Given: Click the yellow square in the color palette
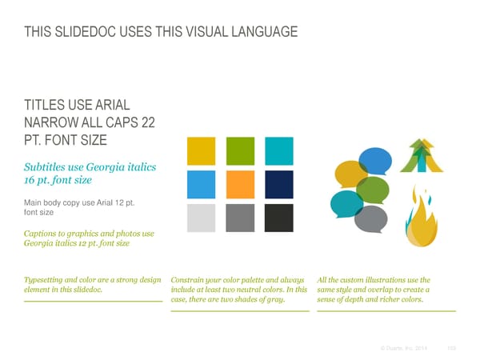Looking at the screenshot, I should tap(201, 150).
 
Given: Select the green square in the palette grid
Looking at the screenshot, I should tap(240, 150).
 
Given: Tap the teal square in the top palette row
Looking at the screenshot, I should tap(279, 150).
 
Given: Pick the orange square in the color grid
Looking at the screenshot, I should tap(240, 184).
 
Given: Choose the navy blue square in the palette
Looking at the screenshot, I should tap(279, 184).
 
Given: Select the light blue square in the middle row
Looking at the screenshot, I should tap(201, 184).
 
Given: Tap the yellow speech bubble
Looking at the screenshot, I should tap(351, 175).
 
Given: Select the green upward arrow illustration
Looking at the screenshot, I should tap(421, 157).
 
